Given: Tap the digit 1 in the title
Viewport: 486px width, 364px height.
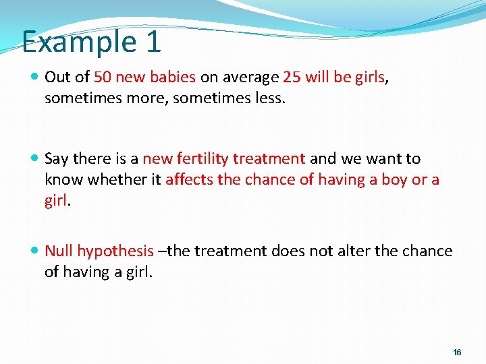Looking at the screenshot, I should click(153, 41).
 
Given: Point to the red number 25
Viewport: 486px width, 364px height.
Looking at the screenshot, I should click(292, 77).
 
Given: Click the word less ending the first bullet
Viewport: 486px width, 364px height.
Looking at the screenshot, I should click(269, 98).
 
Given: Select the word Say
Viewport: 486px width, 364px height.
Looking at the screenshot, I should click(56, 159).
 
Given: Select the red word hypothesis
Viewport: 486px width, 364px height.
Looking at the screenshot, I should click(115, 252).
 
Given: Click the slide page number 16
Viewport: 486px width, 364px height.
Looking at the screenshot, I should click(457, 353).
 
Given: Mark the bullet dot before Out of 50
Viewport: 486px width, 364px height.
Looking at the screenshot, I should click(35, 78).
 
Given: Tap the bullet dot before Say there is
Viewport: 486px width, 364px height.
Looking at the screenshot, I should click(35, 160).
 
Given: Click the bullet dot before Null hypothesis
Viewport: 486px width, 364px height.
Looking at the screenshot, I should click(35, 252).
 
